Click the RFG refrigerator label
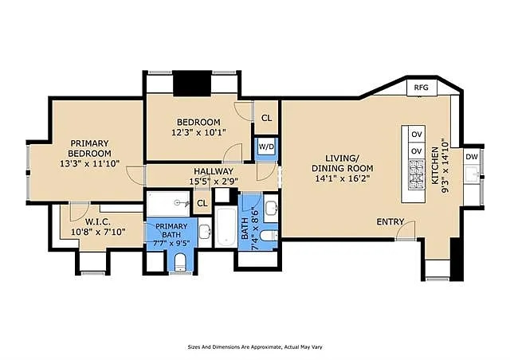pos(420,88)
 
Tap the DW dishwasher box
pos(472,157)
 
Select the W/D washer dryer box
pos(265,147)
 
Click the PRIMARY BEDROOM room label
pos(88,148)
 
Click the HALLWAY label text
pos(213,171)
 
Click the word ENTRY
pos(390,221)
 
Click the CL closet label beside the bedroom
pos(266,118)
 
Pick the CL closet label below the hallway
pos(202,203)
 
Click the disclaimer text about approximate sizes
pos(255,347)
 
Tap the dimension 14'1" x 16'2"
pos(341,180)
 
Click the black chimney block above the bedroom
pos(190,84)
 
